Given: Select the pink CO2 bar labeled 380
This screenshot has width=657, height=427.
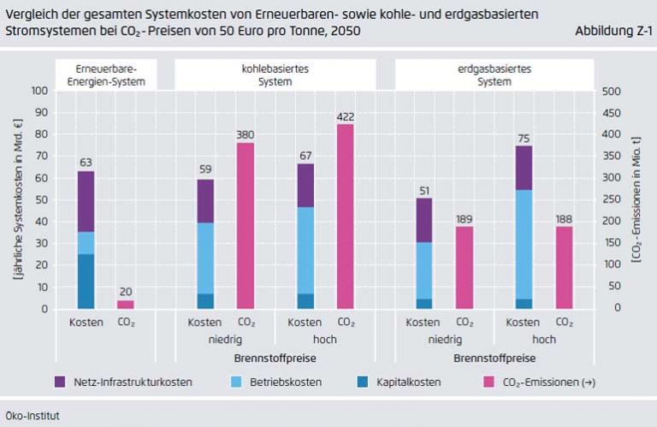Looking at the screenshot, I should (246, 226).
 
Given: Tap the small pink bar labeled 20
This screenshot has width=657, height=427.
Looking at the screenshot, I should (126, 305).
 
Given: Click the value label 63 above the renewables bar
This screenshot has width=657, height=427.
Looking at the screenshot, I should (86, 160).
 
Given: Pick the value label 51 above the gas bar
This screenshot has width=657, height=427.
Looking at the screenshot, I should (423, 187).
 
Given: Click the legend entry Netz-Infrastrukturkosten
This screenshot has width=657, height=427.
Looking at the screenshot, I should (122, 382).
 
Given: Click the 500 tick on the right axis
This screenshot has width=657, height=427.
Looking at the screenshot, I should (613, 91).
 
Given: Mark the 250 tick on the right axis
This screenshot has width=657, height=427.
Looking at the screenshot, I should (613, 199).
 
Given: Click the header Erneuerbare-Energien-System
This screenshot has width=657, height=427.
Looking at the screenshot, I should (106, 74).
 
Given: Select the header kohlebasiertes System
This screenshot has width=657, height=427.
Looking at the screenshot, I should (279, 74).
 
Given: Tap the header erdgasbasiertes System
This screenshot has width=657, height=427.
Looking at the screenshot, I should (494, 74).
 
